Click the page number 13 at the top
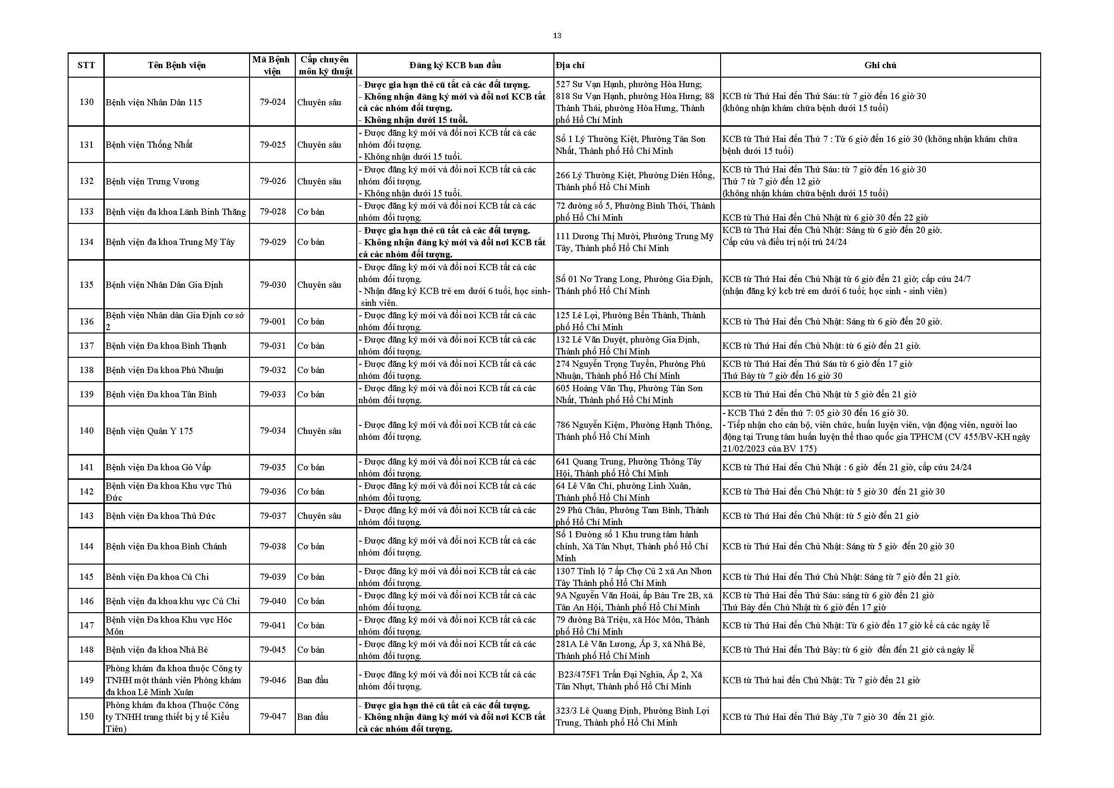coord(557,36)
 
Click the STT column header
coord(86,65)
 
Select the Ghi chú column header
coord(880,65)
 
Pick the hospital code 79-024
coord(273,102)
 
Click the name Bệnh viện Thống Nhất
coord(150,145)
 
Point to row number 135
coord(86,285)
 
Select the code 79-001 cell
coord(273,321)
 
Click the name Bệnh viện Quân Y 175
coord(150,431)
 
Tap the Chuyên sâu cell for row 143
coord(319,516)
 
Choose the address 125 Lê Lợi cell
coord(630,321)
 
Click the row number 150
coord(86,717)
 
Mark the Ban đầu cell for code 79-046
coord(313,680)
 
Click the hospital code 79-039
coord(273,577)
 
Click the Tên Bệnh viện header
coord(177,65)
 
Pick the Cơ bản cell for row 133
coord(311,212)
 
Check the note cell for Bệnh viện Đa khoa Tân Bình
coord(819,394)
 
